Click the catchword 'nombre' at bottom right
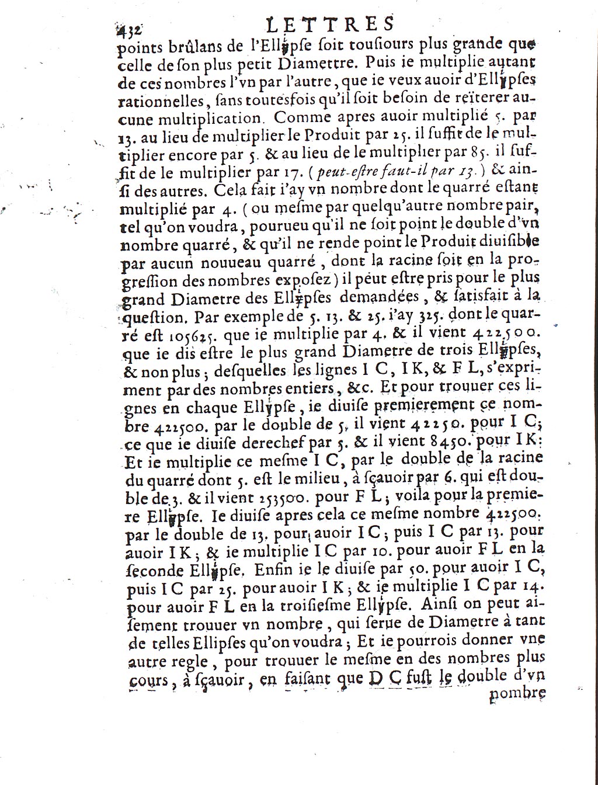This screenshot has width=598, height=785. click(x=517, y=693)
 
